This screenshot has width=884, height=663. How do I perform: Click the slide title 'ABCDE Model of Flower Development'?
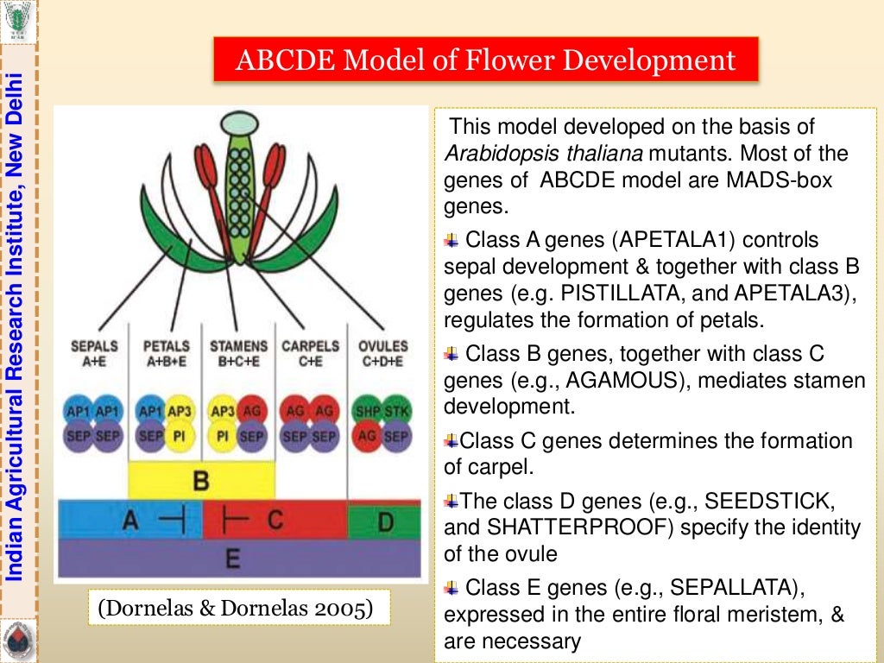pyautogui.click(x=486, y=60)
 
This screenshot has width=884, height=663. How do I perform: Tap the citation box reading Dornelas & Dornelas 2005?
pyautogui.click(x=236, y=608)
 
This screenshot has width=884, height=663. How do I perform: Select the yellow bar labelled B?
pyautogui.click(x=201, y=480)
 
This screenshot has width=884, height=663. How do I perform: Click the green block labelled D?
pyautogui.click(x=384, y=520)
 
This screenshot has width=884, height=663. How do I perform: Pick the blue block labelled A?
pyautogui.click(x=129, y=520)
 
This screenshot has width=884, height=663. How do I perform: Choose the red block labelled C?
pyautogui.click(x=275, y=520)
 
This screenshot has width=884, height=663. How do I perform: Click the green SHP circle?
pyautogui.click(x=368, y=411)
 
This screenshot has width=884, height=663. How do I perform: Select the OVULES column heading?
pyautogui.click(x=382, y=346)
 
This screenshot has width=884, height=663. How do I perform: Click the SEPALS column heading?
pyautogui.click(x=94, y=346)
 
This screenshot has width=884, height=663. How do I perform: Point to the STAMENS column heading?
pyautogui.click(x=238, y=346)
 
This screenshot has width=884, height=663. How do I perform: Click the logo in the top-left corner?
pyautogui.click(x=18, y=18)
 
